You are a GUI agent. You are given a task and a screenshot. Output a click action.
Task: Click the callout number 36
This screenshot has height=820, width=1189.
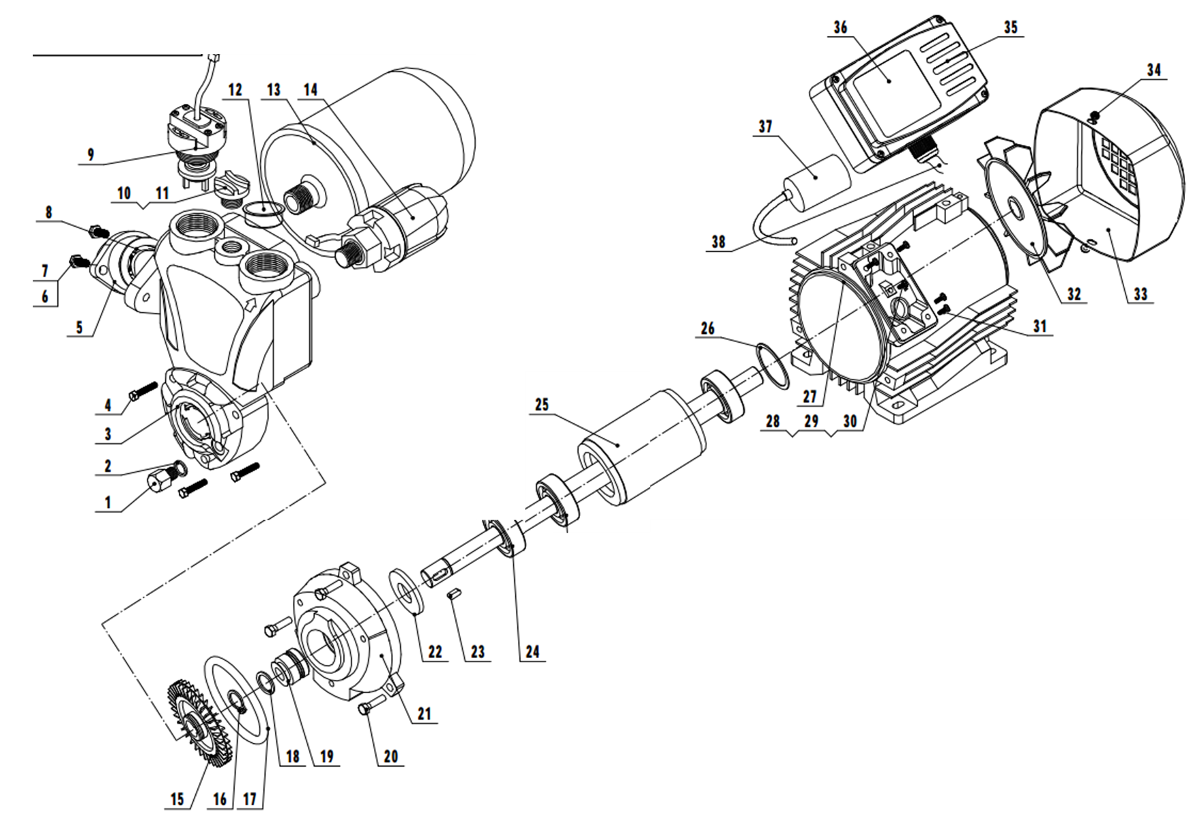click(840, 27)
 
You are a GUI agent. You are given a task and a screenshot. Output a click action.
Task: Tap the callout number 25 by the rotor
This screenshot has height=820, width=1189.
click(541, 404)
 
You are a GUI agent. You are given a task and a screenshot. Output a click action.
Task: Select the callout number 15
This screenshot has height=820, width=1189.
click(177, 799)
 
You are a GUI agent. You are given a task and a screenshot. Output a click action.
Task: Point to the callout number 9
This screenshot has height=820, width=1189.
click(91, 155)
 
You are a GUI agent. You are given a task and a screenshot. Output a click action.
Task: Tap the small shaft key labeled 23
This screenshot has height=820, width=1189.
click(451, 595)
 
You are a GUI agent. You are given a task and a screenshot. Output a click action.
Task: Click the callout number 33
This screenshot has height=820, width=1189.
click(1141, 294)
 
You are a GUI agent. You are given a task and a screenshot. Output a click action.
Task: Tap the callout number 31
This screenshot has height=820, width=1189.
click(1039, 326)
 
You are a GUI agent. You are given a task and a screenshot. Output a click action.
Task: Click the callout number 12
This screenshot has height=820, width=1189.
click(235, 90)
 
